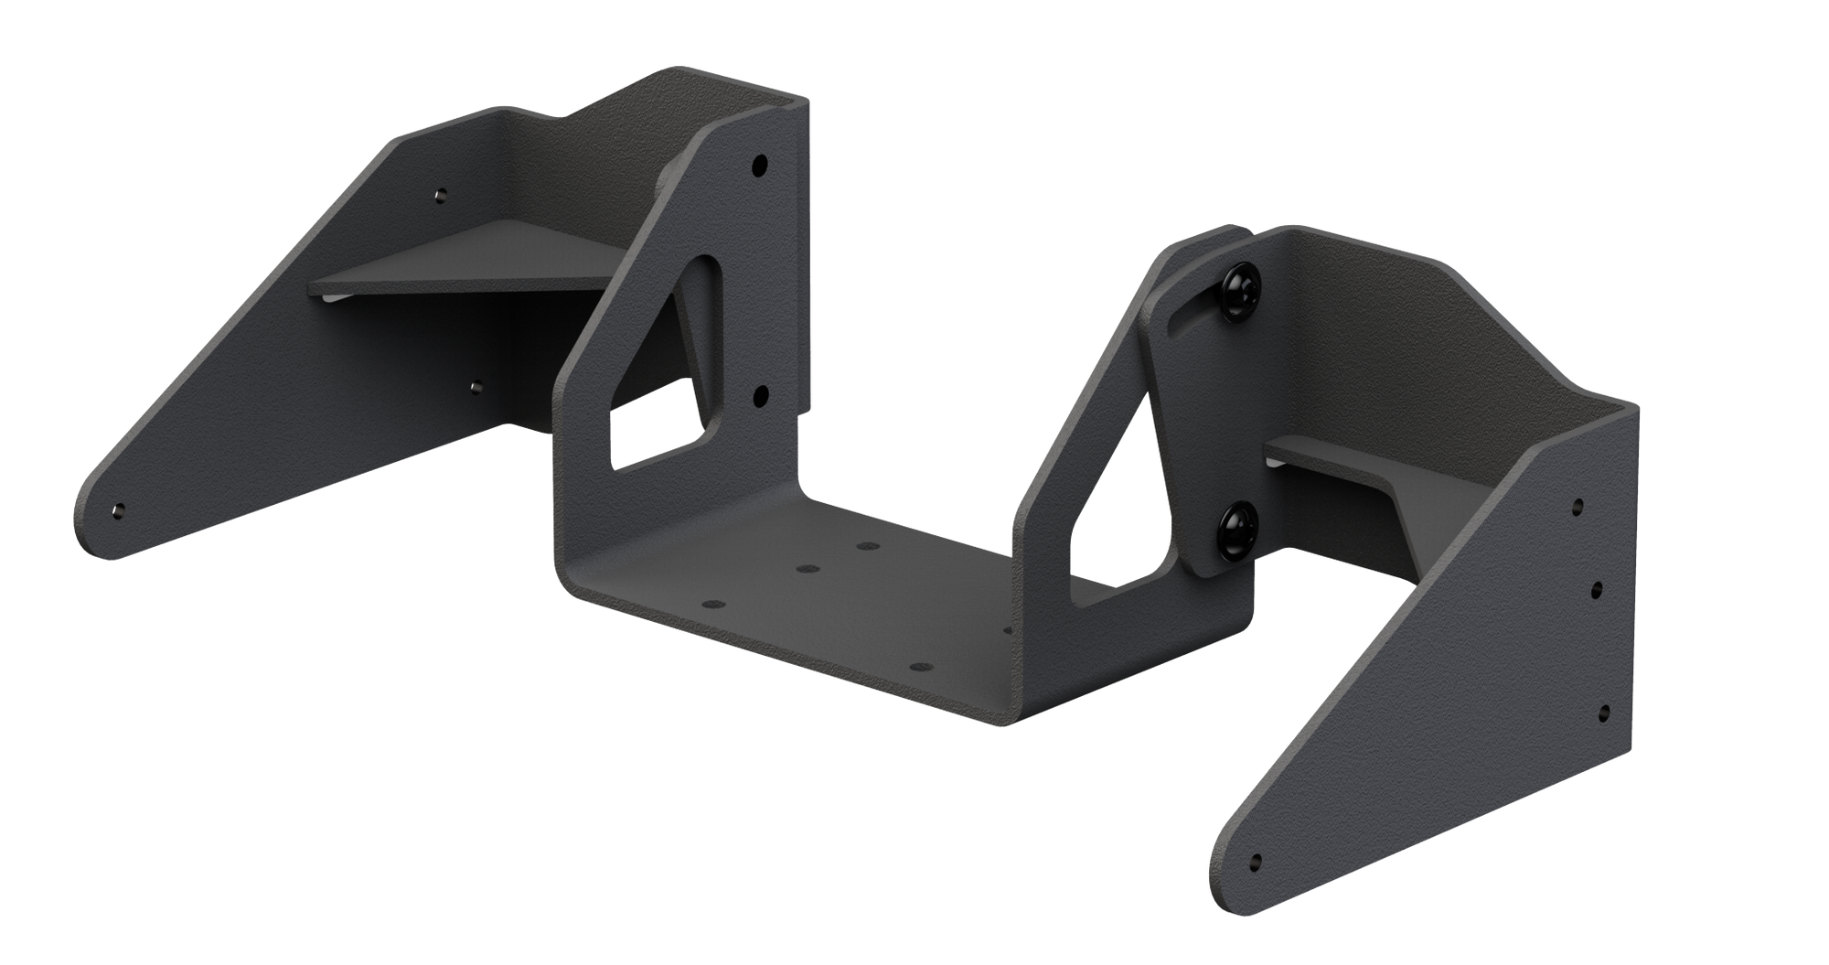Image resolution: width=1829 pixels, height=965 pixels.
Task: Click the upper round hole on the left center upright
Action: click(x=758, y=166)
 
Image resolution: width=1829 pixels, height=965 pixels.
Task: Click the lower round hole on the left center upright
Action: click(x=758, y=395)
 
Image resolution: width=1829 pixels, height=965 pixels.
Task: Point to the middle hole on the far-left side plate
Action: click(x=475, y=385)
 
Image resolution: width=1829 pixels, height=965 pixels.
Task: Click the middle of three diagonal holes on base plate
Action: click(x=806, y=569)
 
